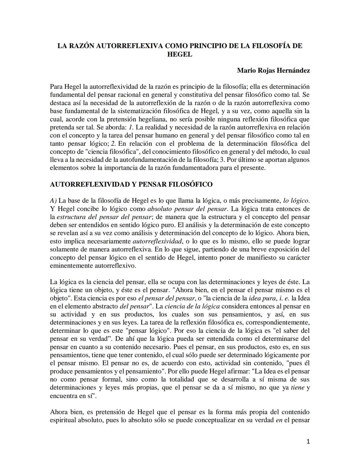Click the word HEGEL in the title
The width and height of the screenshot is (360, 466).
180,54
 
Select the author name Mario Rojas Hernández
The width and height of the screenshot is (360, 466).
273,70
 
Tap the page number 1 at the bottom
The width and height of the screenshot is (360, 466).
308,442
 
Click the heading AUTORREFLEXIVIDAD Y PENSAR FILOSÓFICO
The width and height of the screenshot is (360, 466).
131,184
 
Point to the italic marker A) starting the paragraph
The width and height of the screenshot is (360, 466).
53,201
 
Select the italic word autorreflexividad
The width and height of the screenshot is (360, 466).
157,241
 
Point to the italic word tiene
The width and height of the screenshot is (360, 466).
298,388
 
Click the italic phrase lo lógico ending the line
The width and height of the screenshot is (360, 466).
296,201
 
